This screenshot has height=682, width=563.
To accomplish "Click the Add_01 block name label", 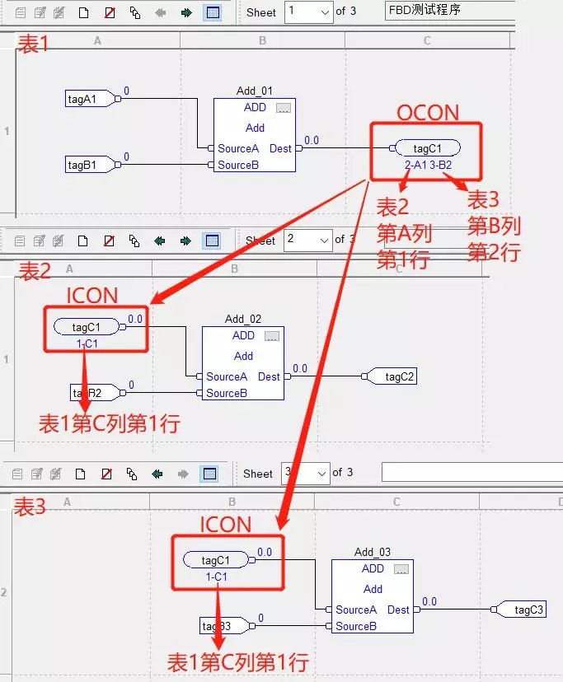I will pos(255,91).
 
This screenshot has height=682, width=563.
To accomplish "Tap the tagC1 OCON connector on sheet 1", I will pos(426,148).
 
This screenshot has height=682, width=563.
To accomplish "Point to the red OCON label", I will pos(428,113).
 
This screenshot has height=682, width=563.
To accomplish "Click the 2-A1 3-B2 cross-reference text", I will pos(428,166).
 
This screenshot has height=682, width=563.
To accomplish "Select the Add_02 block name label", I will pos(243,320).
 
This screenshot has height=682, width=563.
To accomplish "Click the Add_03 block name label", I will pos(373,553).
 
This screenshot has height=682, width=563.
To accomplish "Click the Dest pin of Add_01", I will pos(280,149).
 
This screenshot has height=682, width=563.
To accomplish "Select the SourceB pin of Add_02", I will pos(226,393).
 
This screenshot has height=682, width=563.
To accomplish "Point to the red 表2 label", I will pos(35,269).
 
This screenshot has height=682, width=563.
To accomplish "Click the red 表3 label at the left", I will pos(29,507).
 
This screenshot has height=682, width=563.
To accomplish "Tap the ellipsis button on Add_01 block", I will pos(284,108).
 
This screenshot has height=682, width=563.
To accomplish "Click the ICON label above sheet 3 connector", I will pos(226,524).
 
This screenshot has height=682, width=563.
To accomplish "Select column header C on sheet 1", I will pos(427,40).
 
